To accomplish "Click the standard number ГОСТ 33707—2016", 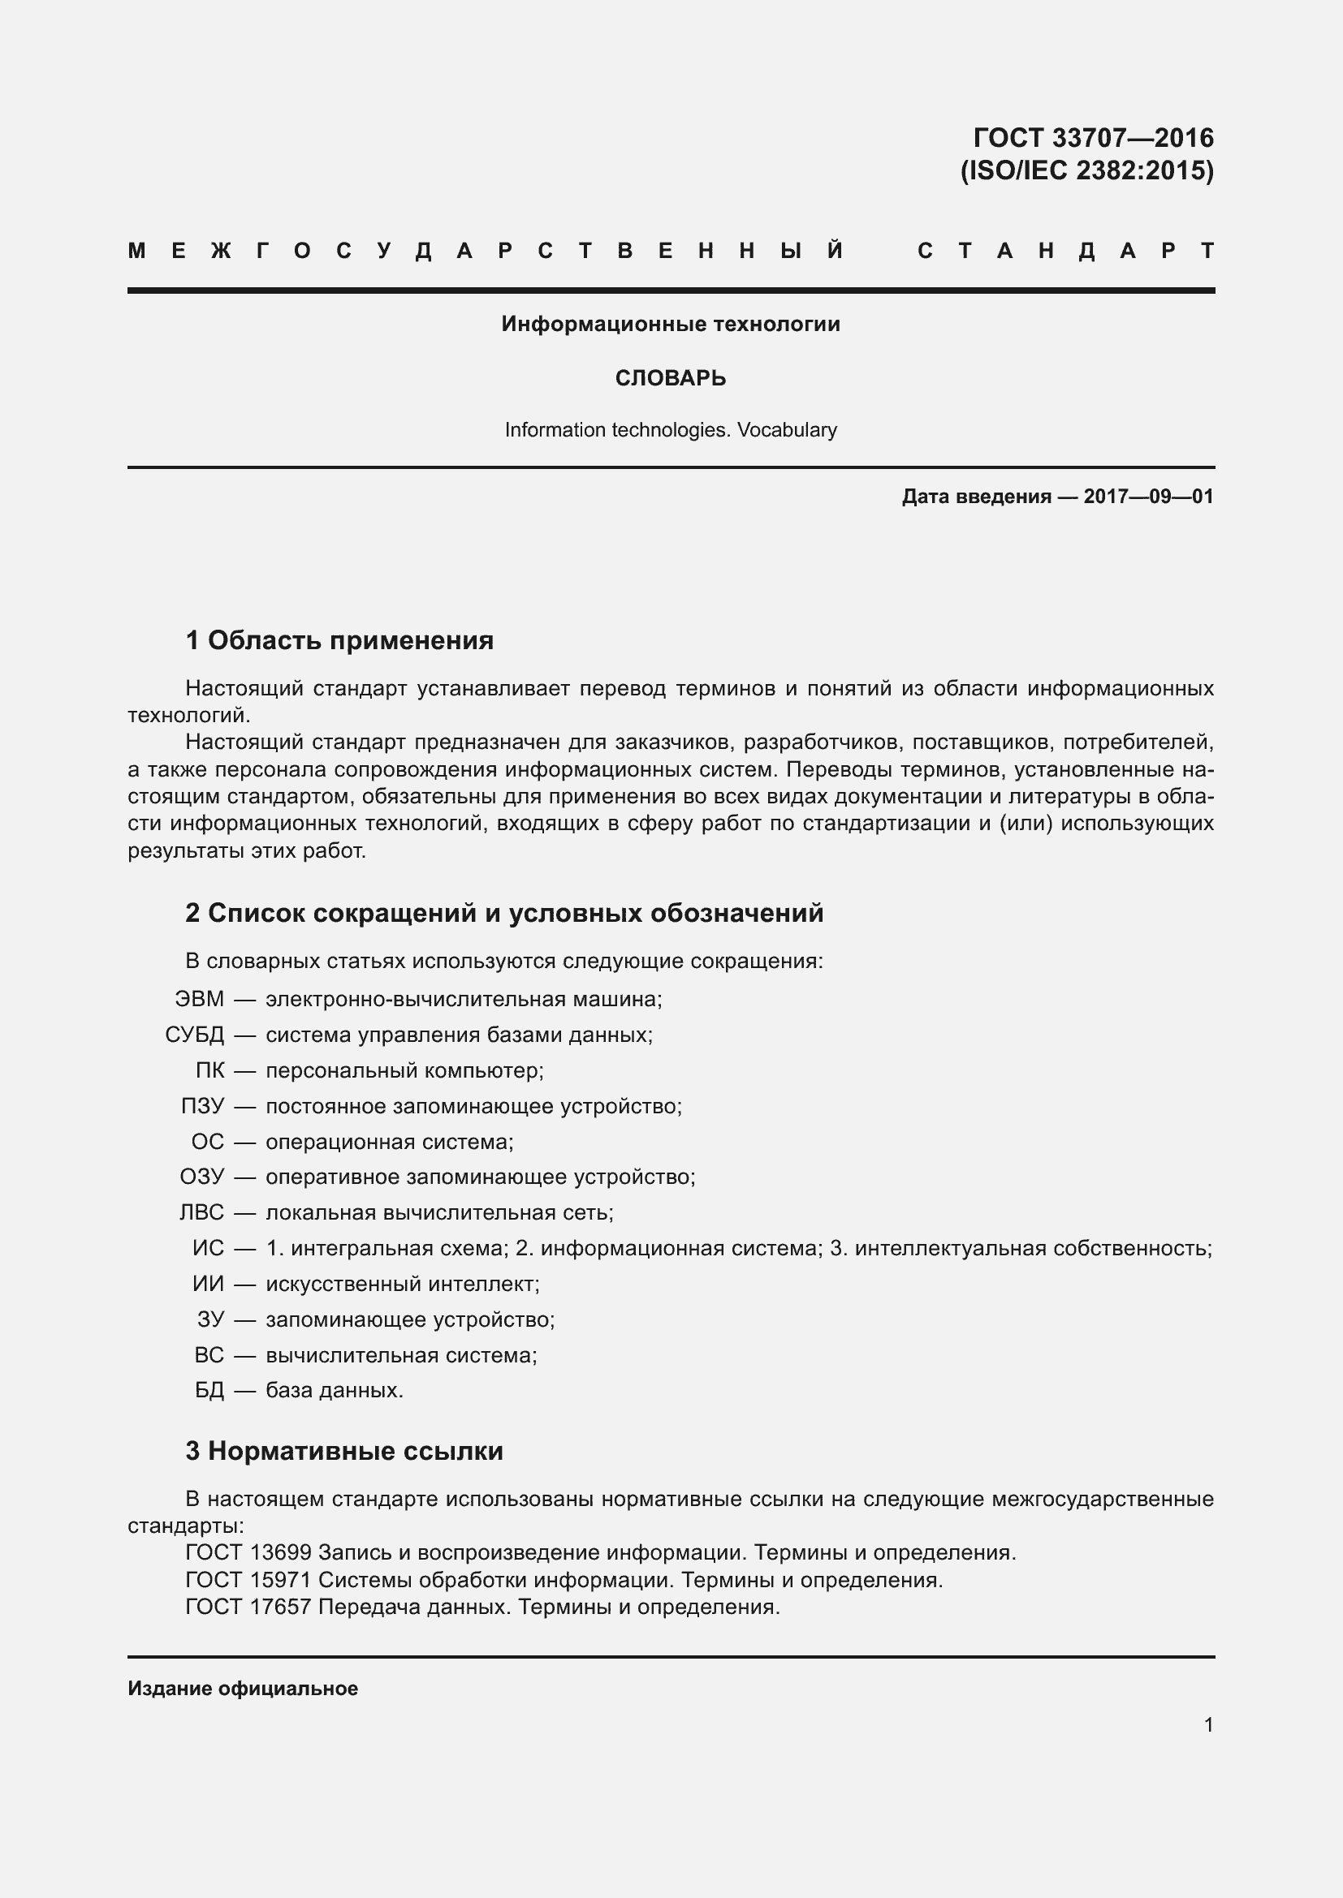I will pyautogui.click(x=1092, y=137).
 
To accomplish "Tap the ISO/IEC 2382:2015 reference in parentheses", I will pyautogui.click(x=1086, y=170).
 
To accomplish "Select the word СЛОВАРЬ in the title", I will pyautogui.click(x=671, y=379).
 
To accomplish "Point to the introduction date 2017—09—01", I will pyautogui.click(x=1149, y=497).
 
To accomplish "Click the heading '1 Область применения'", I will pyautogui.click(x=340, y=639).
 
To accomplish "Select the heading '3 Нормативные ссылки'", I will pyautogui.click(x=344, y=1452).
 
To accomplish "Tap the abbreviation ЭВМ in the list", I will pyautogui.click(x=199, y=1000).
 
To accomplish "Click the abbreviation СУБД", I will pyautogui.click(x=194, y=1035).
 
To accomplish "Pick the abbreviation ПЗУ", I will pyautogui.click(x=202, y=1106).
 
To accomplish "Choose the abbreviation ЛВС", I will pyautogui.click(x=202, y=1212).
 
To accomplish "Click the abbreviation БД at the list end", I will pyautogui.click(x=209, y=1391).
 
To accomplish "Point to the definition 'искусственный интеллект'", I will pyautogui.click(x=403, y=1284).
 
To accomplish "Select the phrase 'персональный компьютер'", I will pyautogui.click(x=404, y=1070).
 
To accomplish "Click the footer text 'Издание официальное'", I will pyautogui.click(x=242, y=1689).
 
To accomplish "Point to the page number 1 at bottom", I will pyautogui.click(x=1208, y=1725).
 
